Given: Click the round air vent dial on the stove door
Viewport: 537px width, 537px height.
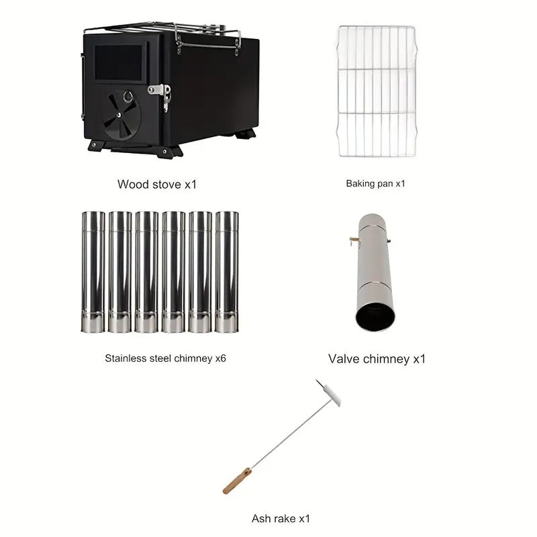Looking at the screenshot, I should click(121, 115).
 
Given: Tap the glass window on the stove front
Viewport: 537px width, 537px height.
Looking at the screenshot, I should click(119, 62).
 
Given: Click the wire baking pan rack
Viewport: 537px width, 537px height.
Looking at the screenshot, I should click(377, 91).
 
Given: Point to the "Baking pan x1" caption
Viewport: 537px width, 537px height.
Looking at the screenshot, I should click(376, 183).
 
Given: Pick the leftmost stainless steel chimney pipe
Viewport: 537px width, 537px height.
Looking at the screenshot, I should click(93, 272).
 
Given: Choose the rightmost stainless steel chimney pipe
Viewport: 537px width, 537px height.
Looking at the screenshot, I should click(227, 272).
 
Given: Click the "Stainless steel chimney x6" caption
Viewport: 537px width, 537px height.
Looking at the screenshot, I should click(165, 358).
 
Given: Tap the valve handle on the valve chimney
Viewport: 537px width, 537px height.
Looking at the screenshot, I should click(352, 239).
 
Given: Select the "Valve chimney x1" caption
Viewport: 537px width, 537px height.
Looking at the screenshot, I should click(377, 359).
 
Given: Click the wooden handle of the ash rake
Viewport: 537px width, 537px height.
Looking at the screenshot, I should click(237, 481).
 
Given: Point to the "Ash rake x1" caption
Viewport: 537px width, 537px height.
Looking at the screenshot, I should click(281, 518).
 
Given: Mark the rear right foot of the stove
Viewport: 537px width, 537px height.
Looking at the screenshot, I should click(245, 133).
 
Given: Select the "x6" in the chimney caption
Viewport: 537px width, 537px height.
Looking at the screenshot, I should click(220, 358).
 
